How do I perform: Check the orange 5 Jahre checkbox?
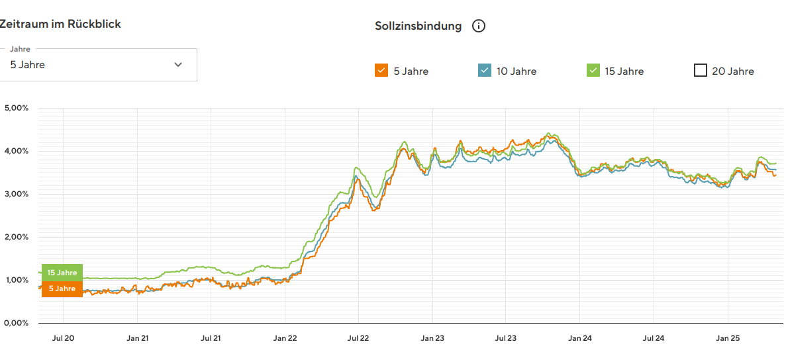click(x=381, y=70)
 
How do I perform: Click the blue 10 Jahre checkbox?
click(x=484, y=70)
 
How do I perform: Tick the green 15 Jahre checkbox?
click(x=593, y=70)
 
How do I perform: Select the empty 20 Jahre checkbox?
click(x=700, y=70)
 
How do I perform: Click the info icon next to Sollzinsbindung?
click(x=479, y=26)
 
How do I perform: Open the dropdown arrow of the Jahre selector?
click(x=178, y=64)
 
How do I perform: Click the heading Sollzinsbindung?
click(x=418, y=26)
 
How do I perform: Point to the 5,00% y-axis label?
click(x=16, y=108)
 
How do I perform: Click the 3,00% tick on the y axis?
click(x=16, y=194)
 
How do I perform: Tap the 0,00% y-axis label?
click(x=16, y=323)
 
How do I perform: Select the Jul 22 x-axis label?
click(x=358, y=338)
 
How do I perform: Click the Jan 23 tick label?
click(x=432, y=338)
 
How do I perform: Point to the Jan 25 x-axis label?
click(x=728, y=338)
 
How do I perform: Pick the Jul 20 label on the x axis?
click(x=63, y=338)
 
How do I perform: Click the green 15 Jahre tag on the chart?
click(x=62, y=273)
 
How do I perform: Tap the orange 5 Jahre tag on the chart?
click(x=62, y=289)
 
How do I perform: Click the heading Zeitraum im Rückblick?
click(x=60, y=24)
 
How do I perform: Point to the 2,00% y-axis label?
click(x=16, y=237)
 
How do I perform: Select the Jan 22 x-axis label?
click(x=285, y=338)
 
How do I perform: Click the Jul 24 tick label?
click(x=654, y=338)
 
